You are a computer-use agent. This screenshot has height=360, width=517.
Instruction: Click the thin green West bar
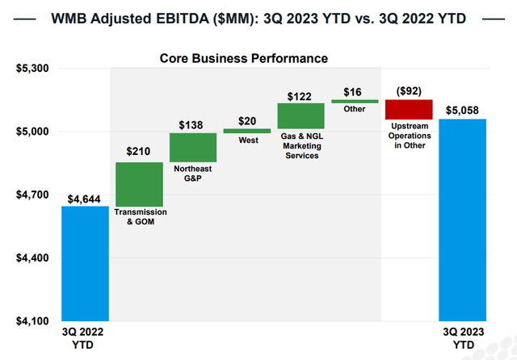point(246,130)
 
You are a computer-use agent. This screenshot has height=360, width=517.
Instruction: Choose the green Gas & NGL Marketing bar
point(301,115)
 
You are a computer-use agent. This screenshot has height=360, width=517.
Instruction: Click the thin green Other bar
point(355,101)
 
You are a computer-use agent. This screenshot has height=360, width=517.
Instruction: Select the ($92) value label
point(408,90)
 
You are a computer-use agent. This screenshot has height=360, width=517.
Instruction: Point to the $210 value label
point(139,152)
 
